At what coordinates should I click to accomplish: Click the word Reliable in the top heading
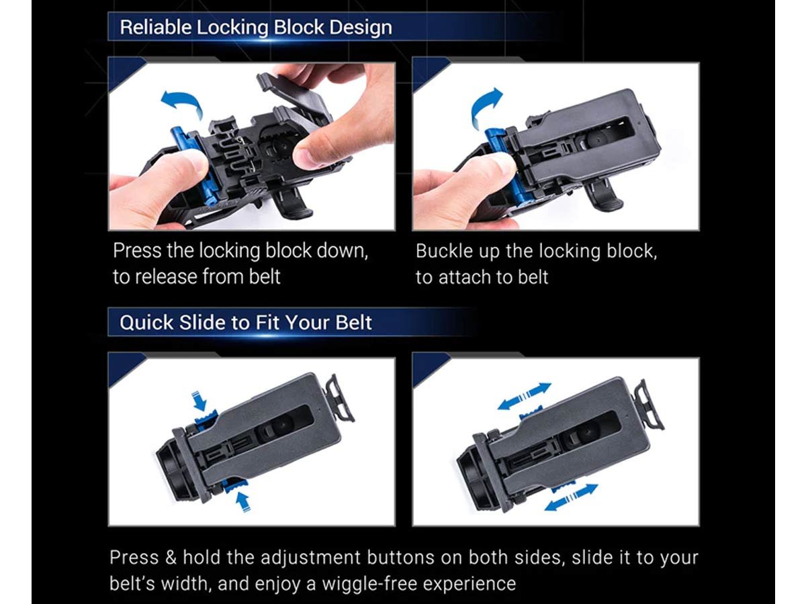click(156, 27)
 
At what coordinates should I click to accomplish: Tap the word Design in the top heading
click(361, 28)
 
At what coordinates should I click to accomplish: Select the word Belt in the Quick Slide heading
click(353, 323)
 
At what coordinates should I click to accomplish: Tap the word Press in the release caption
click(136, 251)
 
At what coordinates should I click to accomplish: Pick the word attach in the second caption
click(465, 277)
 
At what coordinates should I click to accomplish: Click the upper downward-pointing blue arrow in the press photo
click(199, 401)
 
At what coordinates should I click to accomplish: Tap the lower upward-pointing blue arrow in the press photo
click(242, 501)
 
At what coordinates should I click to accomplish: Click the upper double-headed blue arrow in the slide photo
click(525, 396)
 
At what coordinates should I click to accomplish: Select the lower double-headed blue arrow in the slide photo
click(571, 497)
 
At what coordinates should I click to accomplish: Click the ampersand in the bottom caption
click(171, 558)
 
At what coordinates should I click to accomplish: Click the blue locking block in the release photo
click(195, 161)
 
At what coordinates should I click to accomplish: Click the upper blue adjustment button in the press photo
click(206, 417)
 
